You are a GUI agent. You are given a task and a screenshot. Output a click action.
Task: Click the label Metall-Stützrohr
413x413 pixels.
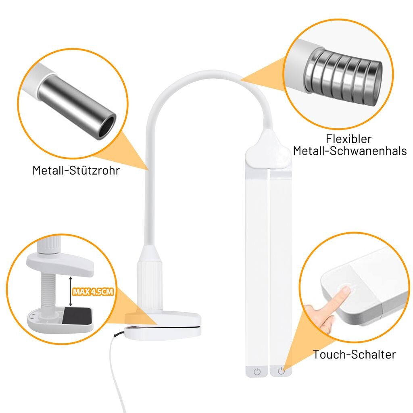(x=76, y=171)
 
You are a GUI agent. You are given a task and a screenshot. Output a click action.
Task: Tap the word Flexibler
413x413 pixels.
(x=349, y=139)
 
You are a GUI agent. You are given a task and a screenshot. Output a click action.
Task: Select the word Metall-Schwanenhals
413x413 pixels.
(x=350, y=151)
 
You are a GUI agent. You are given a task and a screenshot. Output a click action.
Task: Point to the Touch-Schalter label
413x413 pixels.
(x=354, y=354)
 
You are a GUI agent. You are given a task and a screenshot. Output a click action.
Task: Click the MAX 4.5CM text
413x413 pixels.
(x=93, y=292)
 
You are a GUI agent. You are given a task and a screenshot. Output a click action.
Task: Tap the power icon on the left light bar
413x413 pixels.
(x=257, y=371)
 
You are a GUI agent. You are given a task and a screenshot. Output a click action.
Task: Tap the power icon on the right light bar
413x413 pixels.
(x=281, y=371)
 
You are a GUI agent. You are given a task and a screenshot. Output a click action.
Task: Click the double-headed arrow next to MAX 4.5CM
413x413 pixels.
(x=70, y=291)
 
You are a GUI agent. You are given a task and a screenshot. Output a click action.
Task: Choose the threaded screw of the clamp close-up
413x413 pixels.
(x=48, y=292)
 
